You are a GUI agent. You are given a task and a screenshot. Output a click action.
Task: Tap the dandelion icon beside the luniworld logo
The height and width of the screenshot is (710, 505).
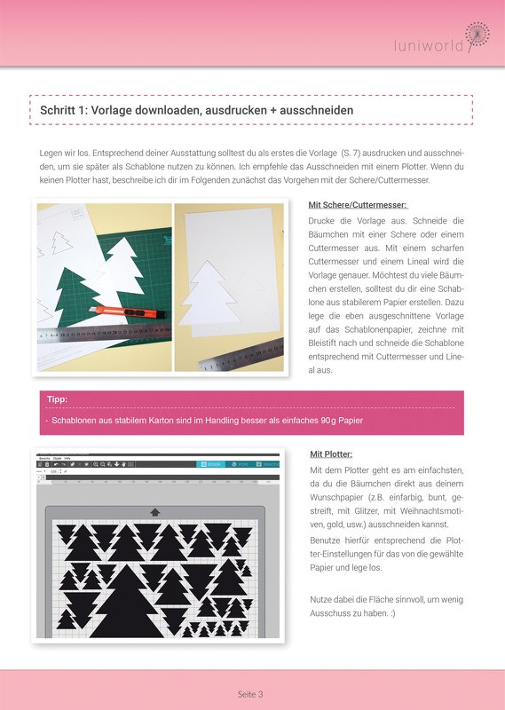click(477, 33)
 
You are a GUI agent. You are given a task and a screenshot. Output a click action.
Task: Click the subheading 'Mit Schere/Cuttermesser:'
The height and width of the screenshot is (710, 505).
click(357, 205)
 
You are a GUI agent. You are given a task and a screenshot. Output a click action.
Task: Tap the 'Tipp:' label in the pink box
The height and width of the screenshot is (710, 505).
click(56, 399)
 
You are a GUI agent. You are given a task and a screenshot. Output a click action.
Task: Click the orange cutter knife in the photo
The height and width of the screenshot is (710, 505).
click(115, 311)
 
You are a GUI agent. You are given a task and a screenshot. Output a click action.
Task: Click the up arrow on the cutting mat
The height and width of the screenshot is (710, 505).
click(156, 511)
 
